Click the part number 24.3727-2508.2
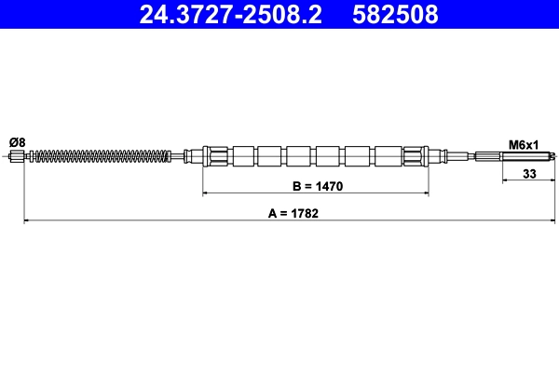pos(231,14)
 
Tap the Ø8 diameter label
pos(17,141)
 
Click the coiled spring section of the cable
pos(102,156)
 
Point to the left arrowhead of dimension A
pos(27,221)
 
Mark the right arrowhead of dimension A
pos(551,221)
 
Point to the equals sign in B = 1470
pos(309,187)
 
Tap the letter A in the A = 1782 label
pos(273,213)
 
